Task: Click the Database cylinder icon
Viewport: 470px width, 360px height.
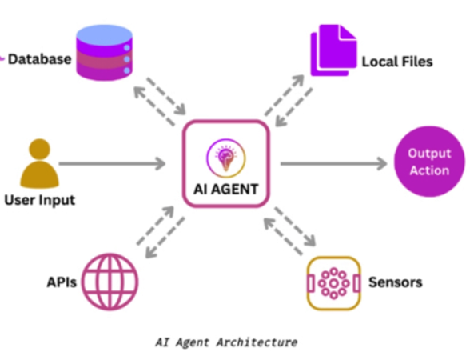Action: click(104, 53)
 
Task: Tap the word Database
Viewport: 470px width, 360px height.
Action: click(40, 59)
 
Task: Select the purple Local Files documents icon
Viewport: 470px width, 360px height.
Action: click(333, 50)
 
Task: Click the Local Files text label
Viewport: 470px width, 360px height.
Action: click(397, 62)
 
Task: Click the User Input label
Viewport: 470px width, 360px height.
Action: click(40, 200)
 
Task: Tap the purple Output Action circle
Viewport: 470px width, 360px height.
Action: click(429, 162)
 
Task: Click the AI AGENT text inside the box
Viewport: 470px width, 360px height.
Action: click(226, 190)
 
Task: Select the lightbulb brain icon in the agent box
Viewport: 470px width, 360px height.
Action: click(226, 158)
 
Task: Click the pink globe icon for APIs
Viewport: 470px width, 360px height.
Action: click(110, 282)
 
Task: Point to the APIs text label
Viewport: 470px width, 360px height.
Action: click(62, 282)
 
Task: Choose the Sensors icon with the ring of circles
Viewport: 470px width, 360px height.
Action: click(333, 283)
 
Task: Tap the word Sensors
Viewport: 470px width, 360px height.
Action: click(396, 282)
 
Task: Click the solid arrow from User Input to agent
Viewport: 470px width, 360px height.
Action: click(112, 163)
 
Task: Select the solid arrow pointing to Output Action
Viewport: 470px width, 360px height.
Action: click(333, 163)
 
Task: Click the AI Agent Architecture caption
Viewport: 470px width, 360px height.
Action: click(226, 342)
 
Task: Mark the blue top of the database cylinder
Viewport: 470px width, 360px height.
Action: click(104, 35)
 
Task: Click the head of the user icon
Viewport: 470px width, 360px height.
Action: click(40, 149)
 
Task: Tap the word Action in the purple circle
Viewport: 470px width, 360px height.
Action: click(429, 170)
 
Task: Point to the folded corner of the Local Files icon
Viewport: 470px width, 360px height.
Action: click(348, 32)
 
